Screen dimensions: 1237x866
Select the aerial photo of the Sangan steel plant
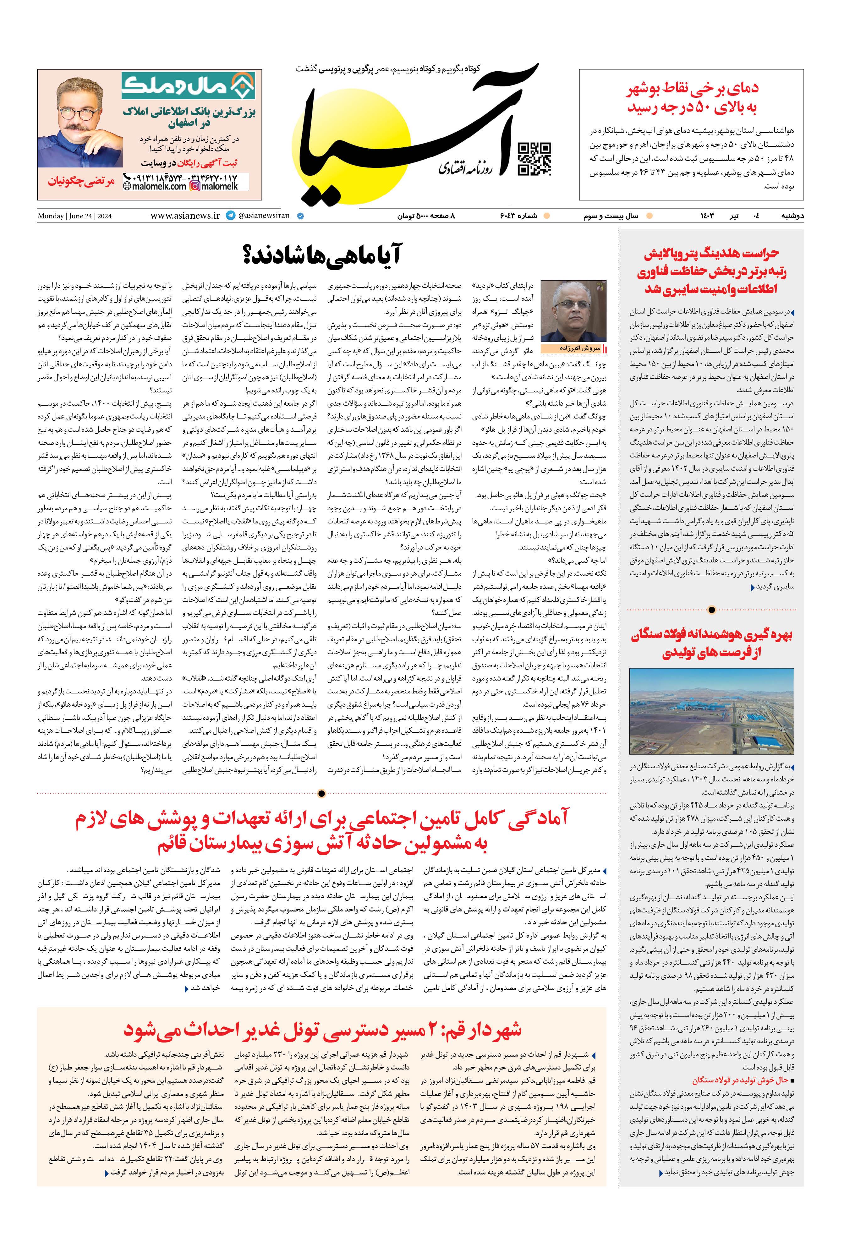click(x=711, y=711)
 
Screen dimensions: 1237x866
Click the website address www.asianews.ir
click(x=185, y=216)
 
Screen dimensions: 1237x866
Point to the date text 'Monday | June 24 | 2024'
click(x=74, y=216)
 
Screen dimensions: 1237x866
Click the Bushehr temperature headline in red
click(x=692, y=97)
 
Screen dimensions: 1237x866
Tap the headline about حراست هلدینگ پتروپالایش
click(x=711, y=271)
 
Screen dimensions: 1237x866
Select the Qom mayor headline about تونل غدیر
click(x=322, y=1030)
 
